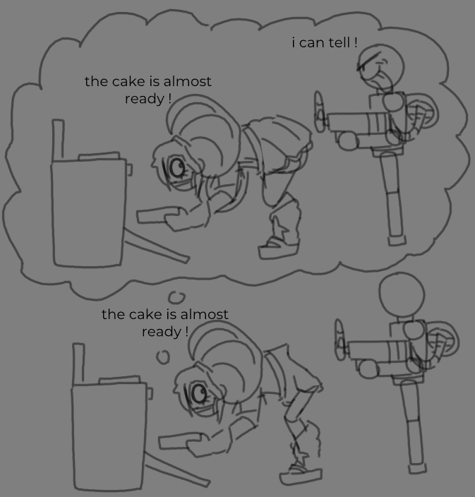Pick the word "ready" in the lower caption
162,333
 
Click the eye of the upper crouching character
176,167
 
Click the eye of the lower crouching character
198,394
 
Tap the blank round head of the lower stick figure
402,295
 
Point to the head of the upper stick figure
381,66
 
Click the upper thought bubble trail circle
177,297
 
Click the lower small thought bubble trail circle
163,357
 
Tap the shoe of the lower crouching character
301,474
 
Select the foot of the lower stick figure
418,469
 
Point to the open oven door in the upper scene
156,246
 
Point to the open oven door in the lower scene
177,469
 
